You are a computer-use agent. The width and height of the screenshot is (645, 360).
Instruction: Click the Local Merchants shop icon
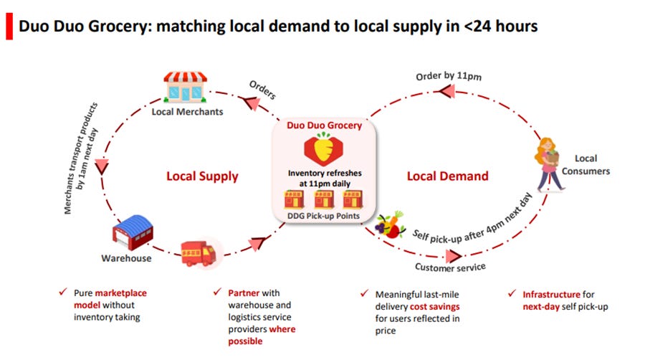(186, 87)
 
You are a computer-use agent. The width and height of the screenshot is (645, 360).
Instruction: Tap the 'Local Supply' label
(202, 176)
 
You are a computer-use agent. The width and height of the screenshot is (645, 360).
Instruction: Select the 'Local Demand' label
(447, 176)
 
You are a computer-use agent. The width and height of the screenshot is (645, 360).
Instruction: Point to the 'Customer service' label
(450, 267)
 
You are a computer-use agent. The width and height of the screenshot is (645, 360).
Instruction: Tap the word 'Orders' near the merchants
(262, 90)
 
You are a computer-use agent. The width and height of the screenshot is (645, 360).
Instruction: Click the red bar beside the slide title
(9, 27)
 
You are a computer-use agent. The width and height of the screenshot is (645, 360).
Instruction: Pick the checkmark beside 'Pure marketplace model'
(63, 293)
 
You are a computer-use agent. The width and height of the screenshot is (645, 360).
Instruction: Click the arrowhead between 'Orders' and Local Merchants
(254, 105)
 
